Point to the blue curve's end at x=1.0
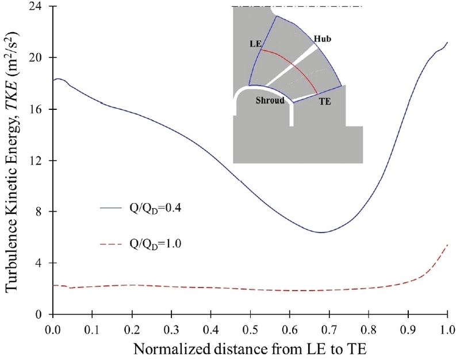tap(447, 42)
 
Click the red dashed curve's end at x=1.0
tap(447, 245)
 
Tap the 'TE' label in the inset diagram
tap(324, 100)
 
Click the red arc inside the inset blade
tap(293, 65)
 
